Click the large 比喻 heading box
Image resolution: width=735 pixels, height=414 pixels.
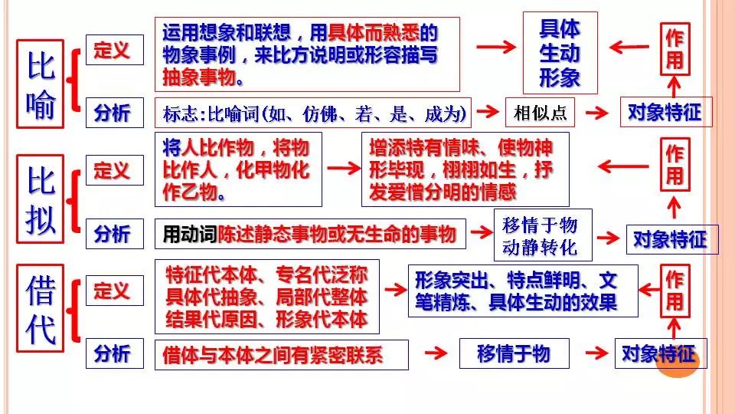41,85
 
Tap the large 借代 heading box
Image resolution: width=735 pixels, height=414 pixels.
41,310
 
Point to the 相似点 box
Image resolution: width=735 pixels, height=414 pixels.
540,113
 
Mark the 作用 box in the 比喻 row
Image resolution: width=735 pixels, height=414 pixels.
675,49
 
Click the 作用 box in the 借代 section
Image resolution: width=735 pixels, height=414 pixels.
674,290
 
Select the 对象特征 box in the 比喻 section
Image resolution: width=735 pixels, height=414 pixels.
664,113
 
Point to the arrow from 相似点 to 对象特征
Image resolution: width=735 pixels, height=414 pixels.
597,113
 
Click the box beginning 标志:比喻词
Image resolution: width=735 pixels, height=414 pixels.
313,113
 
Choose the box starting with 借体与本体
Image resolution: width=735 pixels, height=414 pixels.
281,354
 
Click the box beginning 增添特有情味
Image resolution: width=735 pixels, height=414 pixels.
465,169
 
